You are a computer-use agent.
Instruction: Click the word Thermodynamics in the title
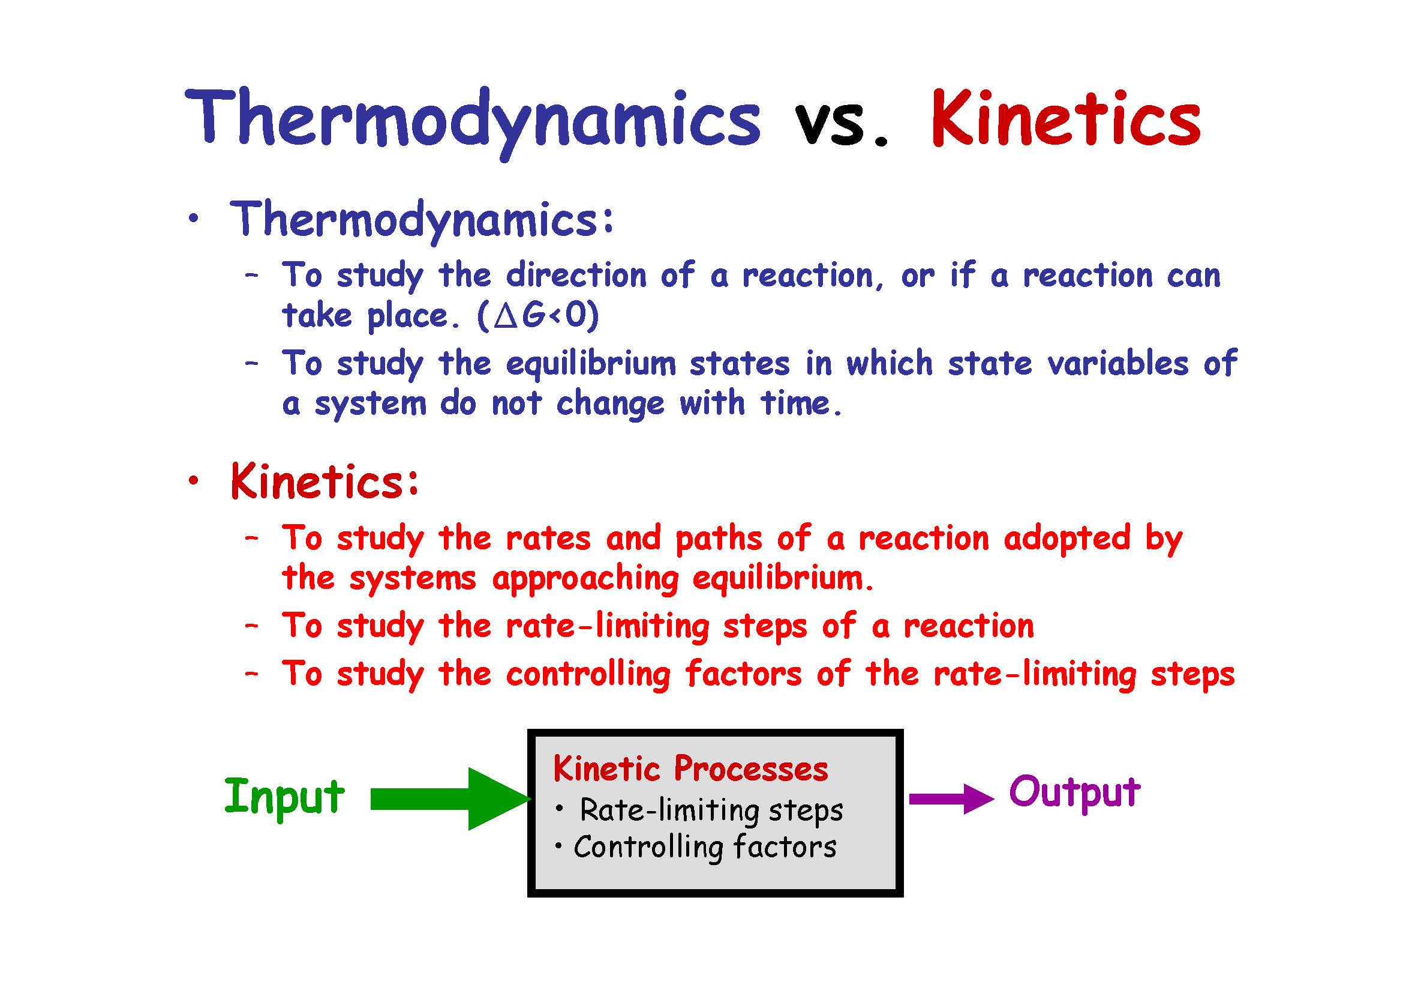[472, 122]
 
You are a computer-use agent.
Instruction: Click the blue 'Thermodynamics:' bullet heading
[422, 221]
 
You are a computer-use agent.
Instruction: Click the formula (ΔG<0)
[538, 316]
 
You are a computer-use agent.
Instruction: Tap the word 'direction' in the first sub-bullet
[576, 275]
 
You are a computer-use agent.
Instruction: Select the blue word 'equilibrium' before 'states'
[591, 364]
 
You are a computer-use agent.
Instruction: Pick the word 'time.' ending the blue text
[801, 403]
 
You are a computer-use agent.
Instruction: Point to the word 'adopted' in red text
[1067, 539]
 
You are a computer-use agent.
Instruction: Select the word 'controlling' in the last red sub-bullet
[588, 674]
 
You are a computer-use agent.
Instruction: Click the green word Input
[284, 797]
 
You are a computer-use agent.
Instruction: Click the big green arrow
[451, 799]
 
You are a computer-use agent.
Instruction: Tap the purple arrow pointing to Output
[951, 798]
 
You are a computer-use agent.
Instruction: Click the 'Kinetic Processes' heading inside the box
[690, 769]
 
